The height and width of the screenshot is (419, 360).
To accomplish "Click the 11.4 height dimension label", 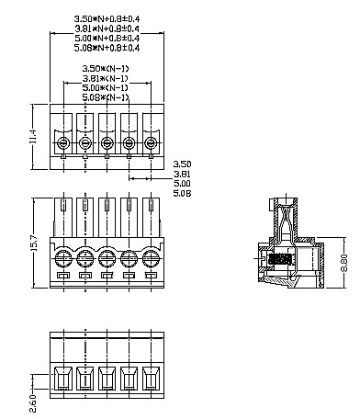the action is (x=34, y=136).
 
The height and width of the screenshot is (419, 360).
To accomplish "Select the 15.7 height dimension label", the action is (x=34, y=243).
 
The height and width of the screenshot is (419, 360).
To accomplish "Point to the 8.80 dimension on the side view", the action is (x=344, y=263).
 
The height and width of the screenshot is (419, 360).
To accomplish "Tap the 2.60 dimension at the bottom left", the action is (x=33, y=403).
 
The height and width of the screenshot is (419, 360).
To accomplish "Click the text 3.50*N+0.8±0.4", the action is (x=107, y=18).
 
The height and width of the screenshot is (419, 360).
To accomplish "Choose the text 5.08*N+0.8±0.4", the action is (x=107, y=48).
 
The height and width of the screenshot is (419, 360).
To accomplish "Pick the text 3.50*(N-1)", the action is (x=106, y=68).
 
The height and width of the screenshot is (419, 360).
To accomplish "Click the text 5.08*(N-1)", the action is (x=106, y=97).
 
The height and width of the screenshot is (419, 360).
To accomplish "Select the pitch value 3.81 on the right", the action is (x=182, y=174).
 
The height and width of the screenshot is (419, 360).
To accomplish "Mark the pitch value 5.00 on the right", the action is (x=182, y=184).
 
